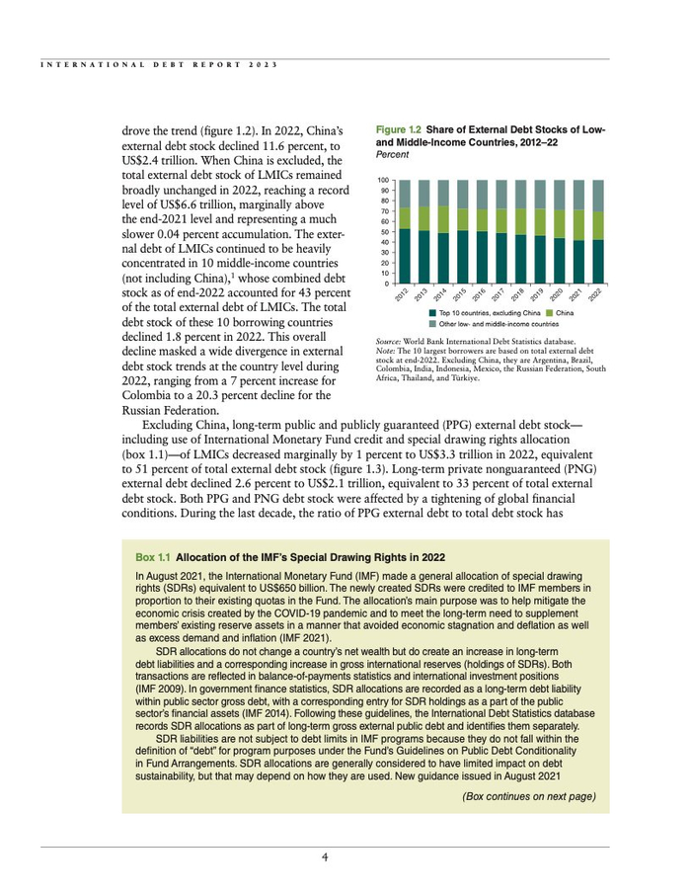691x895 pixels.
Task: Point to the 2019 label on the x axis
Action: coord(537,295)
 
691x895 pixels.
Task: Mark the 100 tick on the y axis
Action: coord(382,180)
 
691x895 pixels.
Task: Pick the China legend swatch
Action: coord(550,313)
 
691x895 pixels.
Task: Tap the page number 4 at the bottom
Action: coord(325,857)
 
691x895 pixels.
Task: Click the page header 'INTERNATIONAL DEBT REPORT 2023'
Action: coord(156,65)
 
